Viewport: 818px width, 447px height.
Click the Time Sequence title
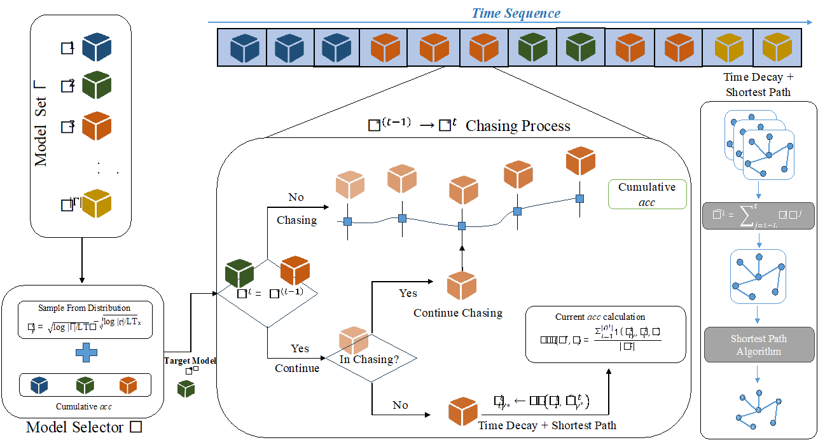pos(516,13)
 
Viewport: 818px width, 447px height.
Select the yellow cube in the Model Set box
pos(97,203)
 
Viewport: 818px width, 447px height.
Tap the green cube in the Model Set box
pos(97,85)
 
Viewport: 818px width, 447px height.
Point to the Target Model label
pos(190,361)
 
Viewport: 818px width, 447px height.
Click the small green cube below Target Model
pos(186,389)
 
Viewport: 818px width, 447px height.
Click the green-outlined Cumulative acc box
pos(646,194)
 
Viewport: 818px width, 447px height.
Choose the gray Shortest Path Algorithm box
pos(758,345)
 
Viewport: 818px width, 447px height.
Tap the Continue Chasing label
pos(458,313)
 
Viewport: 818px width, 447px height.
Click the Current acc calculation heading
pos(600,317)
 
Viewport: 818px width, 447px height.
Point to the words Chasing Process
pos(518,126)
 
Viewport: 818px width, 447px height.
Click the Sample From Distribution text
pos(85,308)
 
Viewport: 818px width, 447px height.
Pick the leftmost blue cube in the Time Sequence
pos(245,48)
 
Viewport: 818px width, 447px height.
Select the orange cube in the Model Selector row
pos(128,385)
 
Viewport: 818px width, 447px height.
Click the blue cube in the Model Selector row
pos(39,385)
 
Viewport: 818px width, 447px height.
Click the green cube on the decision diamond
pos(239,273)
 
